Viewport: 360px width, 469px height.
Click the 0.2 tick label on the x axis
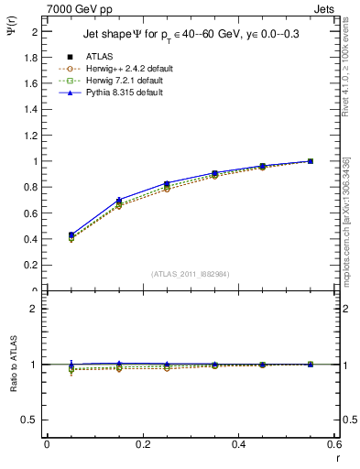[143, 444]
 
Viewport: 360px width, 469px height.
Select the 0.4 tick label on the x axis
[239, 444]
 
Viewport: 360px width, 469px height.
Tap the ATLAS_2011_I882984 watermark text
[191, 274]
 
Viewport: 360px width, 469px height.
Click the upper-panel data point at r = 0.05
[71, 236]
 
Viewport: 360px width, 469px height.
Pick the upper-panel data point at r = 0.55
[311, 161]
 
